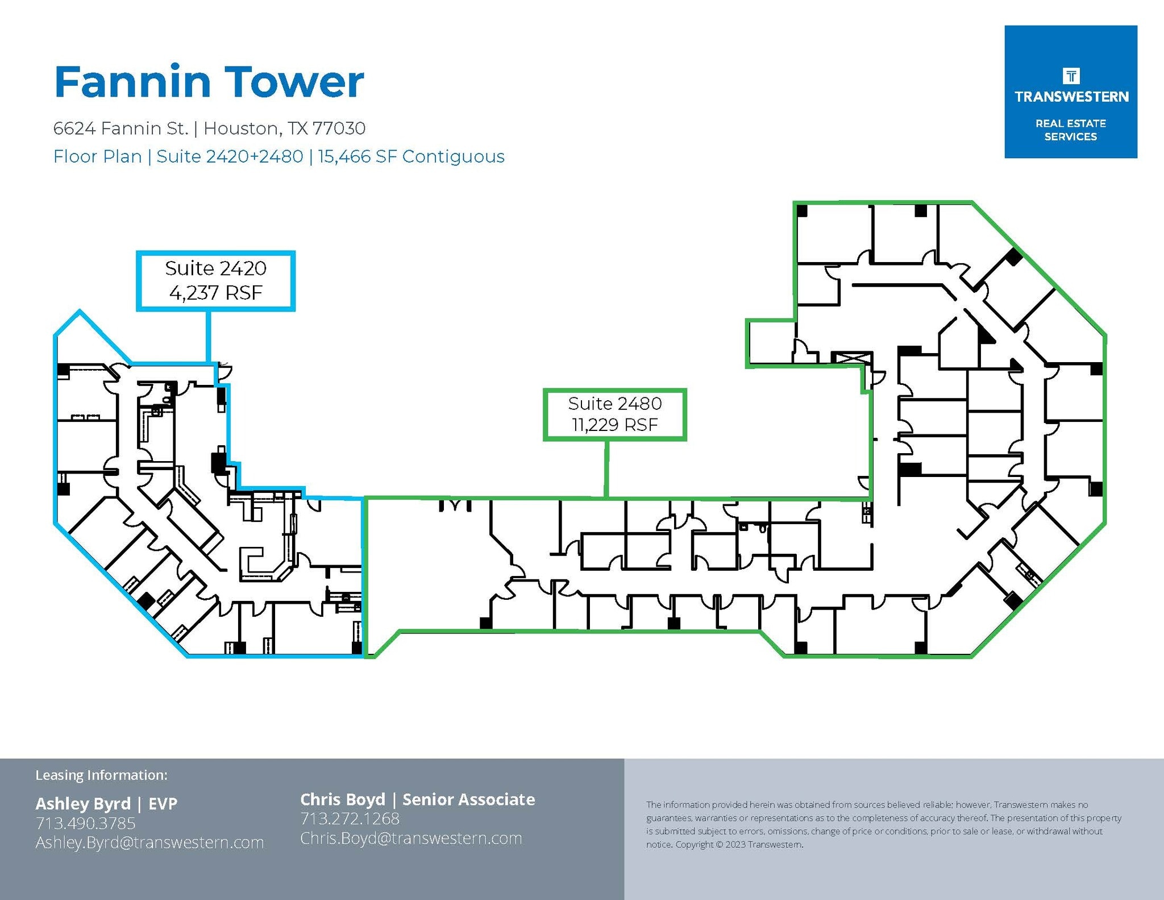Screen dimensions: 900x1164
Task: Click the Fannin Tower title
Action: coord(209,82)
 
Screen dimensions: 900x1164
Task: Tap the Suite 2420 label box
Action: coord(215,281)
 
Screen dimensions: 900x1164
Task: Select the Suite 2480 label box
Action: coord(614,414)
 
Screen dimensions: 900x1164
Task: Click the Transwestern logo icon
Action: coord(1071,76)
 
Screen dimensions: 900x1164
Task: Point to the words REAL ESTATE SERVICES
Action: coord(1070,130)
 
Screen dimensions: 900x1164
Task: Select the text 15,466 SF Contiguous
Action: coord(411,156)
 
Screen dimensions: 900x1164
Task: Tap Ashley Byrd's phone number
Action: coord(85,823)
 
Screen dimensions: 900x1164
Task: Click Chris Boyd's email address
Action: coord(411,838)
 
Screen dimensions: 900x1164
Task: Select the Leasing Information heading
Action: coord(101,775)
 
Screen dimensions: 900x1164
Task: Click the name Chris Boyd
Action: coord(342,799)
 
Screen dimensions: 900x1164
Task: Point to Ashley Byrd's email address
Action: coord(149,842)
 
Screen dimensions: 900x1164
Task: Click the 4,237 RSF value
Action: coord(215,293)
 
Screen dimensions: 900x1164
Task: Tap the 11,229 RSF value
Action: coord(614,425)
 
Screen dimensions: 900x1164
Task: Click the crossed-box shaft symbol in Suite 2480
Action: coord(851,358)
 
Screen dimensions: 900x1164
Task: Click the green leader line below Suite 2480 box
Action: coord(606,468)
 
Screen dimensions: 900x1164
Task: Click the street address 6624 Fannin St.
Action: coord(120,128)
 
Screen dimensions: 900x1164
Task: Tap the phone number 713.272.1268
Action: coord(350,819)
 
